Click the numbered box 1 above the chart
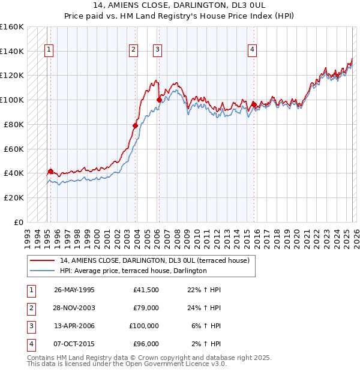pyautogui.click(x=49, y=50)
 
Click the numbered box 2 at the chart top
pyautogui.click(x=133, y=50)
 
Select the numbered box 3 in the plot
pyautogui.click(x=157, y=50)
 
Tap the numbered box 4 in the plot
pyautogui.click(x=253, y=50)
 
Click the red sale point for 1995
pyautogui.click(x=50, y=171)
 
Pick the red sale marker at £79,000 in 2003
pyautogui.click(x=136, y=125)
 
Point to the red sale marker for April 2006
pyautogui.click(x=159, y=100)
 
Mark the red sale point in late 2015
pyautogui.click(x=254, y=104)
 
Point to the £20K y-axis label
pyautogui.click(x=14, y=197)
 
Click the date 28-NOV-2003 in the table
pyautogui.click(x=74, y=308)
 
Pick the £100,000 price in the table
pyautogui.click(x=143, y=326)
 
